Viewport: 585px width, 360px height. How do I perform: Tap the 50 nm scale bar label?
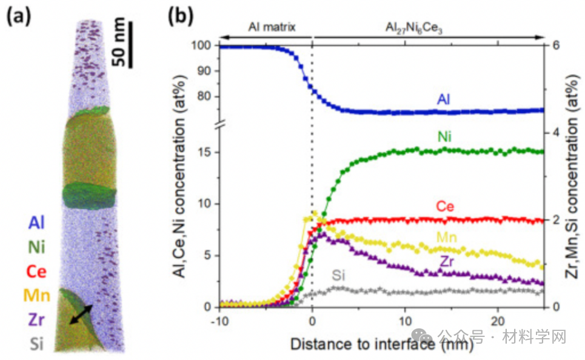pyautogui.click(x=120, y=42)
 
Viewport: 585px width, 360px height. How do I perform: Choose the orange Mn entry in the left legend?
pyautogui.click(x=37, y=295)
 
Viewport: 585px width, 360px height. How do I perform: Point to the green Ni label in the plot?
pyautogui.click(x=445, y=138)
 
